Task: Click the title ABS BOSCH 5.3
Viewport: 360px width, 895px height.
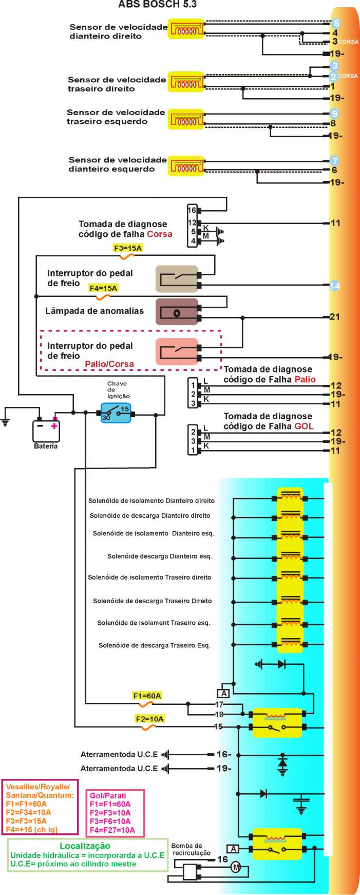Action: tap(157, 5)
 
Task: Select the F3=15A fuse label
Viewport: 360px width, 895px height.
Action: tap(128, 248)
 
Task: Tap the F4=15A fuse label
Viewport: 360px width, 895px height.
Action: tap(103, 288)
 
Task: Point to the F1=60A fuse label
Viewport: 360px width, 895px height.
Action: tap(147, 696)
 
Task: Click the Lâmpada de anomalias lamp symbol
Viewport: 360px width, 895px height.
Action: tap(177, 312)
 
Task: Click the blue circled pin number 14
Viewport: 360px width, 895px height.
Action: tap(335, 286)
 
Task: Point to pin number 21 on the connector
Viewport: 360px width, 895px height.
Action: tap(335, 317)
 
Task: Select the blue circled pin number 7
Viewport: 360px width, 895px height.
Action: tap(334, 160)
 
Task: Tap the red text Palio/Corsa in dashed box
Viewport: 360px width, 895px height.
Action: tap(109, 364)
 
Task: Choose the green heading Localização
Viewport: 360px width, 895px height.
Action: tap(85, 845)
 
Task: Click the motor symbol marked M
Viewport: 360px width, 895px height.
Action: tap(236, 867)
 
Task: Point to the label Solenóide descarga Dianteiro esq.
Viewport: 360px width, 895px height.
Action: tap(160, 556)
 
